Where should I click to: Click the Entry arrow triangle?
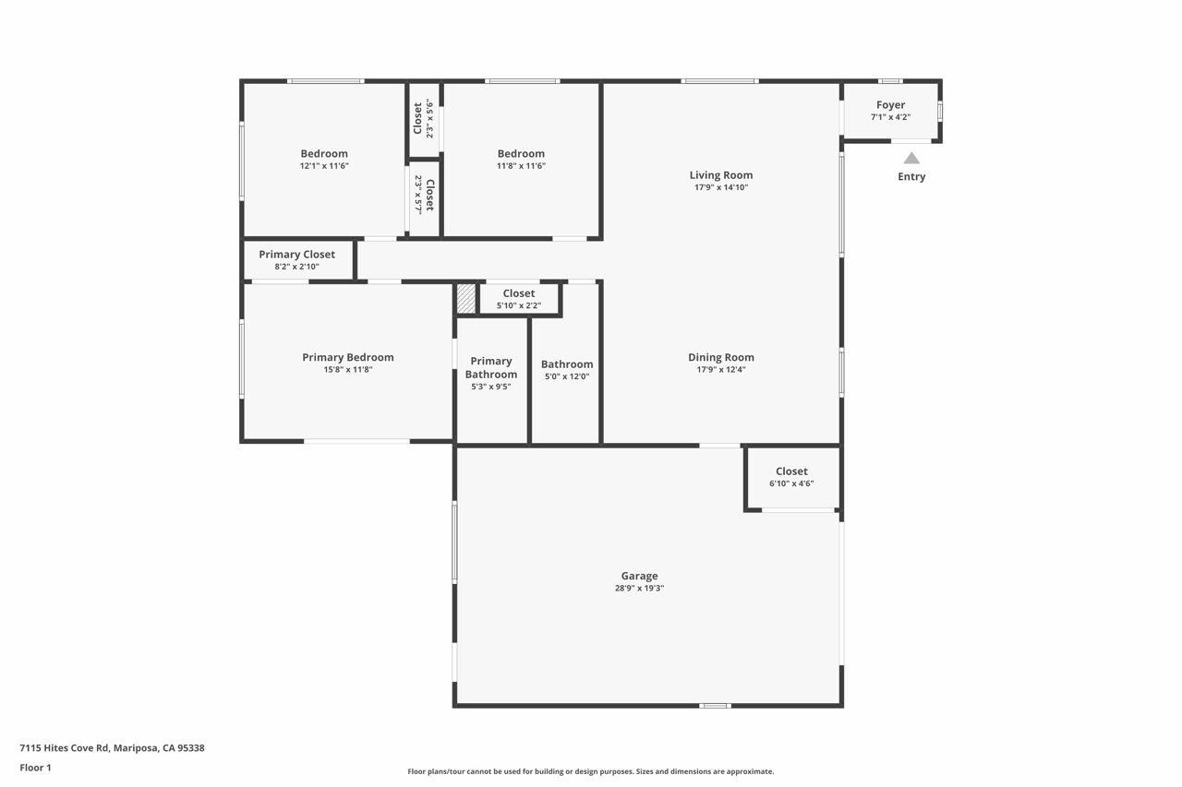tap(911, 158)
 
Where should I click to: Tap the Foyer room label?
tap(890, 105)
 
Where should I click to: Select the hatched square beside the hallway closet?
tap(466, 299)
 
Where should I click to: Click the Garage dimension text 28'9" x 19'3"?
tap(639, 589)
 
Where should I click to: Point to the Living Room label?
tap(720, 175)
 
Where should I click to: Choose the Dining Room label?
tap(720, 357)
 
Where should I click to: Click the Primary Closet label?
tap(296, 255)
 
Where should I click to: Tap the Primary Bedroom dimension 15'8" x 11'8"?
tap(347, 370)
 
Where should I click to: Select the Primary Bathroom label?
tap(490, 367)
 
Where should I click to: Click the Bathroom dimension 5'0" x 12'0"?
tap(566, 376)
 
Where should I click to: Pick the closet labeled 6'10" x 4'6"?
tap(791, 477)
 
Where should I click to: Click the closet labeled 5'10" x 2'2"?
tap(518, 299)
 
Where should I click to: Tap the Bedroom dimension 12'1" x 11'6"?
tap(323, 166)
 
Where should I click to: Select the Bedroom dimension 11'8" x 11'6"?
tap(521, 166)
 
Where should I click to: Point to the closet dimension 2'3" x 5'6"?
tap(429, 118)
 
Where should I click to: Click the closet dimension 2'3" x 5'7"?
tap(418, 195)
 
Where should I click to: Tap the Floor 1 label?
tap(35, 768)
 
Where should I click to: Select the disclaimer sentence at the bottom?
tap(591, 771)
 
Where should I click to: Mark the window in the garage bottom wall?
tap(715, 706)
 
